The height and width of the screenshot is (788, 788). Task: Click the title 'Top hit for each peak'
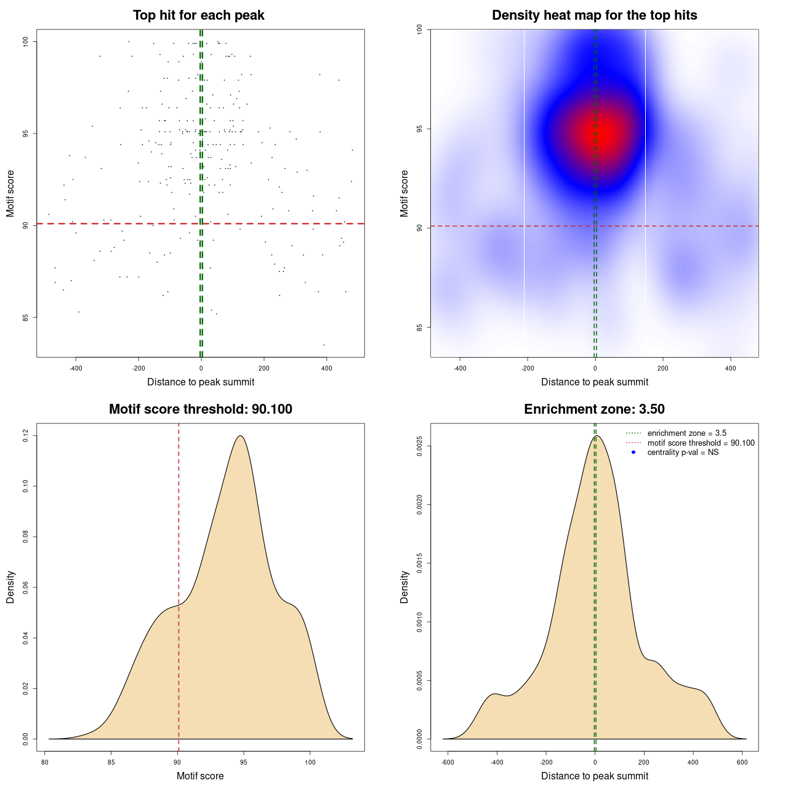tap(198, 15)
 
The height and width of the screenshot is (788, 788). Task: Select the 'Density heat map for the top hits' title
tap(594, 15)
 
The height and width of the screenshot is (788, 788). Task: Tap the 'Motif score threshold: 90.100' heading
tap(200, 409)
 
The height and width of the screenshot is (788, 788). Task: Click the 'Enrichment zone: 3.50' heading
tap(594, 409)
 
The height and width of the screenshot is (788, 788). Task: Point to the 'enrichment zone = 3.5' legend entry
tap(686, 433)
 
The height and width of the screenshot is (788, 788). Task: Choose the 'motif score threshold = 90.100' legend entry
tap(701, 443)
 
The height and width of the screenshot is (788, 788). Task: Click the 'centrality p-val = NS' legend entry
tap(683, 452)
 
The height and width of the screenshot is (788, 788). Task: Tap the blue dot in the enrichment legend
tap(633, 452)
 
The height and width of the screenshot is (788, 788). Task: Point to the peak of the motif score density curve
tap(240, 436)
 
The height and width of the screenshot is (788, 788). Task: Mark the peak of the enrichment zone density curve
tap(596, 436)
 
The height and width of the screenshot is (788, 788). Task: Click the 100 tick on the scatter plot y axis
tap(26, 41)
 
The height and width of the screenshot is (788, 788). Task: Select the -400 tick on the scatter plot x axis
tap(76, 368)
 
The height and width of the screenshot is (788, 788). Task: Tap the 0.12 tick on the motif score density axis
tap(26, 436)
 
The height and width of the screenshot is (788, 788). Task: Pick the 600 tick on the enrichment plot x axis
tap(742, 762)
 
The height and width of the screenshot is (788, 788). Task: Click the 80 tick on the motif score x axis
tap(45, 762)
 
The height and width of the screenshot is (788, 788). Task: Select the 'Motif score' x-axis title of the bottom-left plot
tap(200, 776)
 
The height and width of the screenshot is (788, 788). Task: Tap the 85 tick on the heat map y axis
tap(419, 327)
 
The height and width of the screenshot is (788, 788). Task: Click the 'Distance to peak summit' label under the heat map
tap(594, 382)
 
